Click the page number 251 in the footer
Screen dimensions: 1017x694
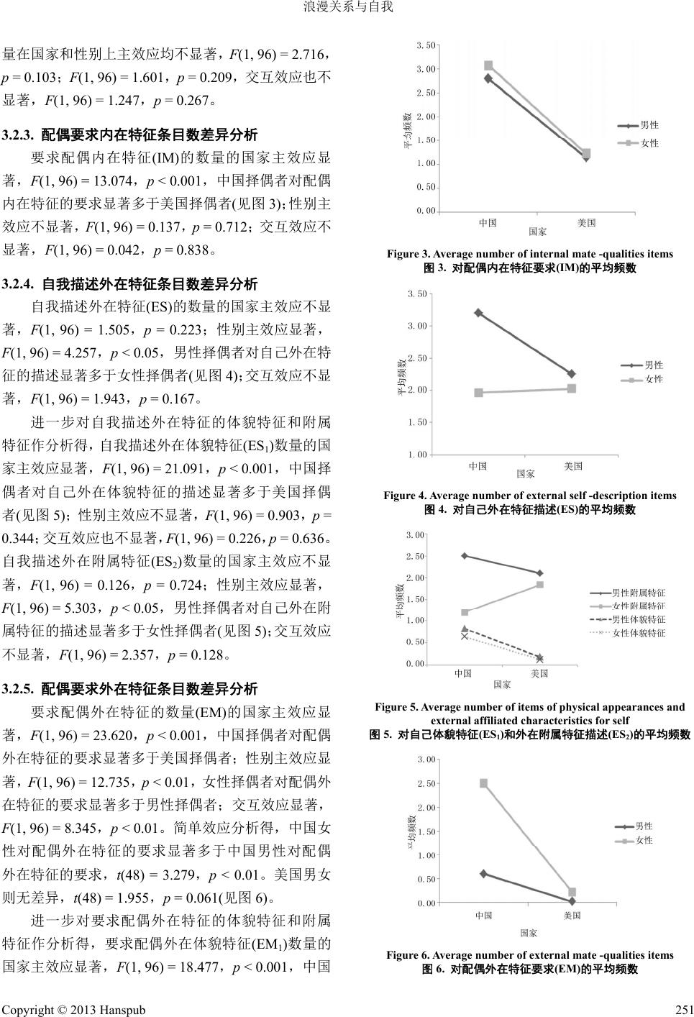pos(682,1009)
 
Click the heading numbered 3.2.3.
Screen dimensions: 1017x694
pos(130,134)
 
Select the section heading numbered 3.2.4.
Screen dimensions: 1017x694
pos(130,284)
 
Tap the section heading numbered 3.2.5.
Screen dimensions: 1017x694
pos(130,689)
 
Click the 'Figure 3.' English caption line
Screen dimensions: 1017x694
pos(529,254)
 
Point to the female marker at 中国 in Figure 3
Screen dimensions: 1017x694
pos(488,65)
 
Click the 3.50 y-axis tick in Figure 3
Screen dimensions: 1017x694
pos(426,45)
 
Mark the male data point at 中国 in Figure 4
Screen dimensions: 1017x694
pos(478,313)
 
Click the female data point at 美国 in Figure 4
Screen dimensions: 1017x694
pos(572,388)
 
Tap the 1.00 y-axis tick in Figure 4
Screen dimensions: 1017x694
pos(417,455)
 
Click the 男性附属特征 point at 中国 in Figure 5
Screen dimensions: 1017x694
pos(465,556)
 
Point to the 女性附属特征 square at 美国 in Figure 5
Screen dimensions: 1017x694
pos(540,585)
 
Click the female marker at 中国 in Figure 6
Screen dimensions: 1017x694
pos(483,783)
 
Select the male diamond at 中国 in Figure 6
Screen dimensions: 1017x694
pos(483,874)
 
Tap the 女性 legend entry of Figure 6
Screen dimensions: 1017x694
pos(644,840)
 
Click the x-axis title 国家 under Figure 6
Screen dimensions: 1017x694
pos(529,933)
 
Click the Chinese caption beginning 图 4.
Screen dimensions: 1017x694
pos(530,510)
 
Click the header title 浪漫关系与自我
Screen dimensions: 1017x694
pos(347,9)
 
